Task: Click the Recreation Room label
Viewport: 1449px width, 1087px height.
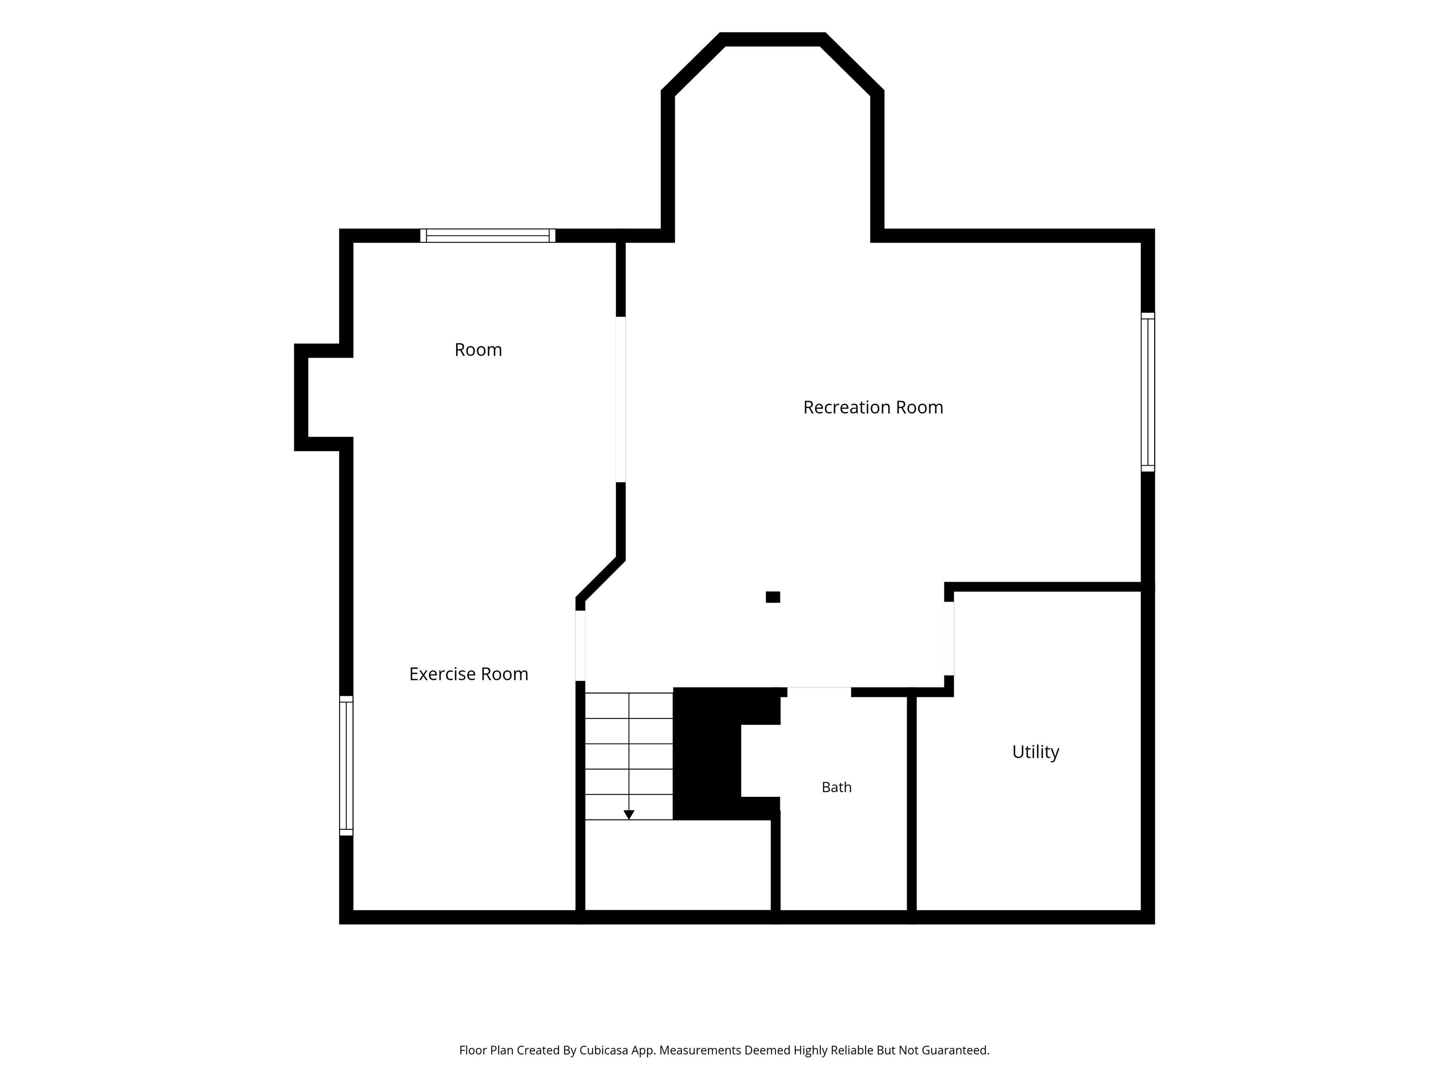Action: tap(873, 408)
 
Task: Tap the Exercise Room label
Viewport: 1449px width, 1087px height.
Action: tap(468, 674)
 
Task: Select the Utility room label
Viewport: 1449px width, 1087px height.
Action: tap(1036, 752)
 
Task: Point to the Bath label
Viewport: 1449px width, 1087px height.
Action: tap(836, 787)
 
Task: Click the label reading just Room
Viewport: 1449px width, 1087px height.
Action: tap(478, 350)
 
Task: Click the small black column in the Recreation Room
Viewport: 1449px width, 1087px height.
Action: tap(773, 597)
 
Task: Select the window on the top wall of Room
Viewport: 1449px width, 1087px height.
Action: tap(487, 236)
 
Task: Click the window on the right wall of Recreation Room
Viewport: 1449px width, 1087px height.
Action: tap(1148, 392)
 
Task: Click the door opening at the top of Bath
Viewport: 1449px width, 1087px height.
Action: tap(819, 692)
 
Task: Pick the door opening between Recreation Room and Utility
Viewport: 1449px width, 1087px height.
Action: tap(949, 638)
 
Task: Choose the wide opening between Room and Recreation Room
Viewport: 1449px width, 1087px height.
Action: tap(621, 400)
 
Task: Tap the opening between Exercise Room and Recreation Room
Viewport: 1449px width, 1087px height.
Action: tap(580, 646)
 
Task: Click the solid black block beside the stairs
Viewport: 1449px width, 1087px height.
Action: tap(708, 753)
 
